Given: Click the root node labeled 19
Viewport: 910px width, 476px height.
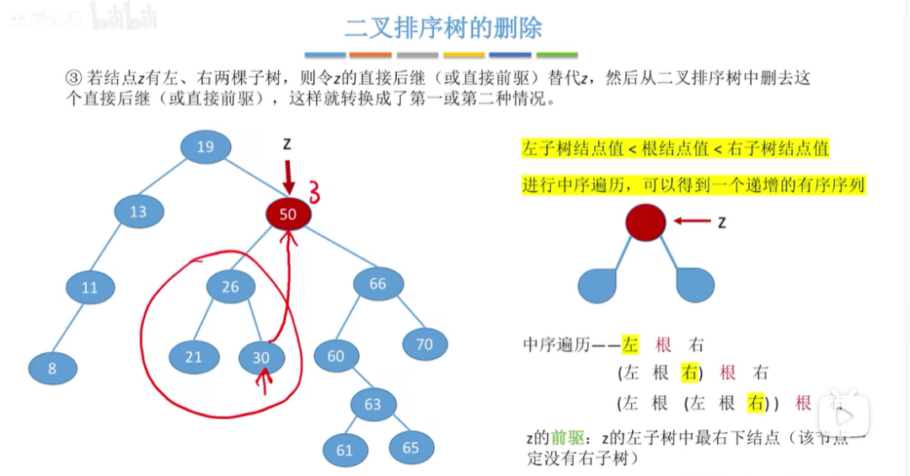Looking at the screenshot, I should (205, 147).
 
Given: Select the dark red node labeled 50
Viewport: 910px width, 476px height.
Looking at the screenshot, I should (288, 214).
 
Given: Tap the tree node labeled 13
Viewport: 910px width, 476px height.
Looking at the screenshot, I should (138, 212).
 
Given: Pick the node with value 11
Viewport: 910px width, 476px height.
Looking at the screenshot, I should (90, 287).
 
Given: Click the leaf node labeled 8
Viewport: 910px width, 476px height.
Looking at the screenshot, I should (52, 368).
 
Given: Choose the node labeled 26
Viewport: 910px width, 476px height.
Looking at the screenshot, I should (231, 287).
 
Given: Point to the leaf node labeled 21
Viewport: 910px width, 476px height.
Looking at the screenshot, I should (194, 357).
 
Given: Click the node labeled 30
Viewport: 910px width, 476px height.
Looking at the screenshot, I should (261, 358).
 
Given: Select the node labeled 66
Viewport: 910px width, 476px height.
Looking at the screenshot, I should (377, 284).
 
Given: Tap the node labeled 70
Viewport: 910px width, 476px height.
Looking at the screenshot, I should (424, 344).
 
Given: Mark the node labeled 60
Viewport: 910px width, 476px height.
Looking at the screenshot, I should (336, 356).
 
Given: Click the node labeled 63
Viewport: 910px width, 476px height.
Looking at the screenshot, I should (373, 404).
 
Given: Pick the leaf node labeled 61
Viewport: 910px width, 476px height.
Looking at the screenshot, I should (345, 450).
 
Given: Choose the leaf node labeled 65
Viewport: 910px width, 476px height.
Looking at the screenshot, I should (410, 447).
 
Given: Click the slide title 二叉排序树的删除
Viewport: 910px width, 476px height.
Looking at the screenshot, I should (443, 28).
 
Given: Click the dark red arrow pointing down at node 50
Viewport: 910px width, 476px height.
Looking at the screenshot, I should (288, 176).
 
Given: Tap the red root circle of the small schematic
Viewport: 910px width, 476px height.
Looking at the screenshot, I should (645, 222).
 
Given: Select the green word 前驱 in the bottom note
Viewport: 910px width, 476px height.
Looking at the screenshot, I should (563, 438).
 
